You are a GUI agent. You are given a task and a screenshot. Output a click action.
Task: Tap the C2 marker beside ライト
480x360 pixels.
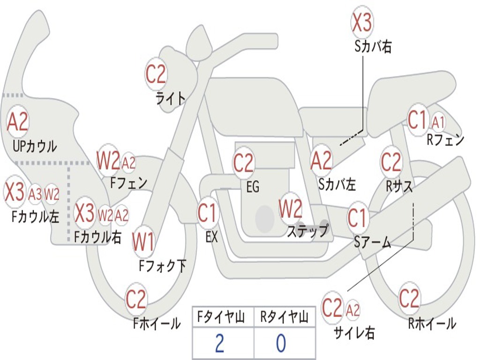pos(156,74)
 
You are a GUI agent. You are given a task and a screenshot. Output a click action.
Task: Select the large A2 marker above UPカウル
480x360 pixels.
pos(18,122)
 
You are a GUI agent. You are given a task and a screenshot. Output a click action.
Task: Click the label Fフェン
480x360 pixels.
pos(128,182)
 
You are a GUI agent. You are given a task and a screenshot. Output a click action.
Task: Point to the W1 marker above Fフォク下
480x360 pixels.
pos(143,242)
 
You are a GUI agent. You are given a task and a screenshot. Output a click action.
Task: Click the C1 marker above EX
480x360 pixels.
pos(208,213)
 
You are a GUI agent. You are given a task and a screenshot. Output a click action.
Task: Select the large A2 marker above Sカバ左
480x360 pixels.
pos(322,161)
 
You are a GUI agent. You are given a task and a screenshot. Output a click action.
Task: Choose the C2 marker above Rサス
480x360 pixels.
pos(391,162)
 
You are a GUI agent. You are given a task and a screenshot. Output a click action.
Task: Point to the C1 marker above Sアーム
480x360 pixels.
pos(358,218)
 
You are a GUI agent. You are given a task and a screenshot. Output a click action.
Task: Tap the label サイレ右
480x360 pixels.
pos(354,333)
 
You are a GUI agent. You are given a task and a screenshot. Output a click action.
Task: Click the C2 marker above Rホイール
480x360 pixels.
pos(409,298)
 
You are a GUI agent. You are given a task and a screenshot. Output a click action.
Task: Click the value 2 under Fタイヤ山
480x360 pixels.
pos(219,343)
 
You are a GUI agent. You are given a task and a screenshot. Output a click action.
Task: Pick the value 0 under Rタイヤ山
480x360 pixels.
pos(281,343)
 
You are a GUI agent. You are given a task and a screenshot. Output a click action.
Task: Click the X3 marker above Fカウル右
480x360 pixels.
pos(85,213)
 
